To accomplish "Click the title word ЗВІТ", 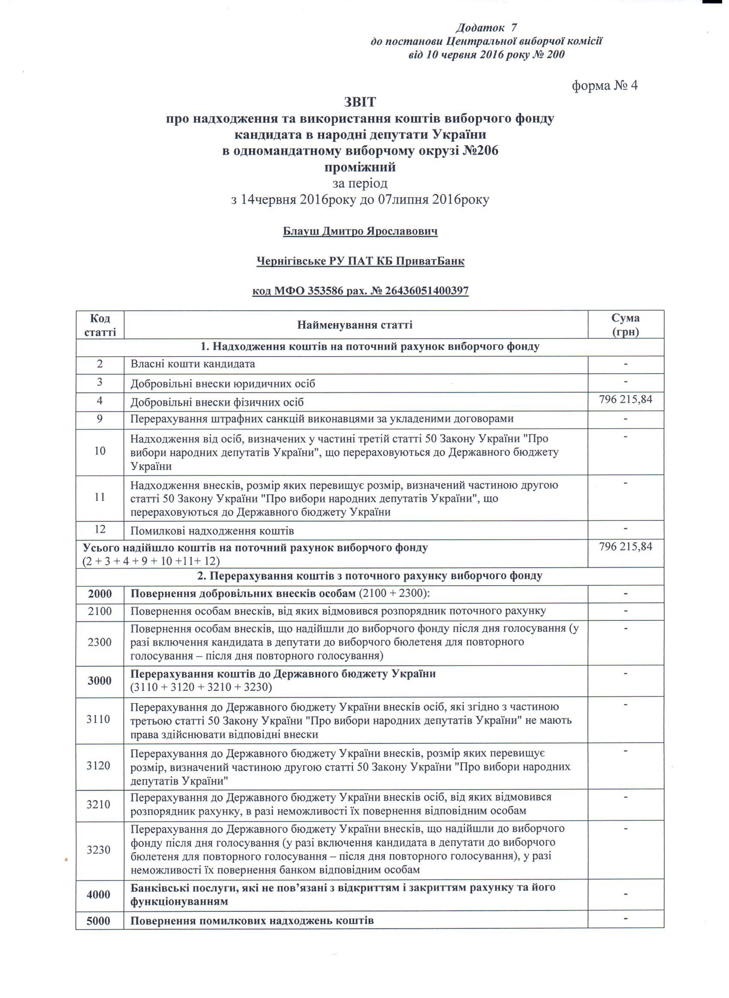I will coord(360,102).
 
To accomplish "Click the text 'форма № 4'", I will coord(605,85).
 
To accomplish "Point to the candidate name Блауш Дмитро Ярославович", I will coord(360,231).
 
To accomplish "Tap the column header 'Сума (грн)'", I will coord(626,325).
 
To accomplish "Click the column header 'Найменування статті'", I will coord(355,325).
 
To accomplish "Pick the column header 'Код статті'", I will coord(100,325).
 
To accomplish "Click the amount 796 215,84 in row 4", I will coord(625,400).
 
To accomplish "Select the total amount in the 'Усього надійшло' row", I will coord(625,547).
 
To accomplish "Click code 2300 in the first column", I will coord(100,642).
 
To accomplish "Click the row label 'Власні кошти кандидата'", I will coord(193,364).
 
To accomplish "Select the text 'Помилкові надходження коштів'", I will coord(212,531).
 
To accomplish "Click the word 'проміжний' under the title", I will coord(360,167).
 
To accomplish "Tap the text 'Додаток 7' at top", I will coord(486,28).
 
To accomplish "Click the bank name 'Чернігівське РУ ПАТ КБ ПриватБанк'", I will coord(360,261).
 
